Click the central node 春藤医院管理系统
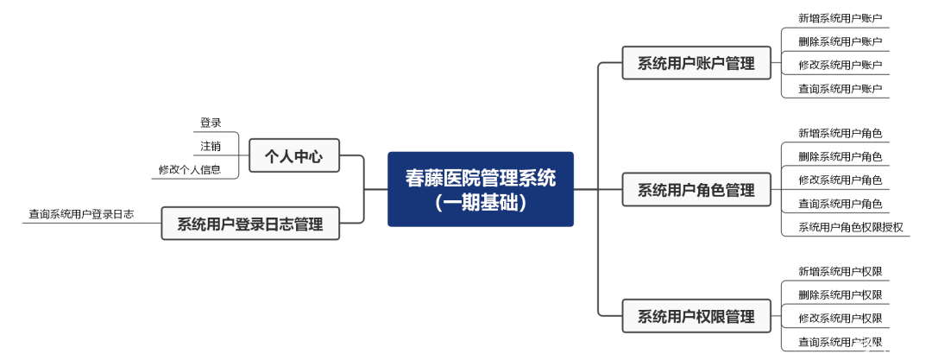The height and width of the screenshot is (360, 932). click(x=481, y=178)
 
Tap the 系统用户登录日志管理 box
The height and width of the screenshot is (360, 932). click(x=249, y=224)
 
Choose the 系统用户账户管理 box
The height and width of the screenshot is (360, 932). click(x=696, y=63)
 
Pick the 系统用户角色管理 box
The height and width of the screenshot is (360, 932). click(x=696, y=189)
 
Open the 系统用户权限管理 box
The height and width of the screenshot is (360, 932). click(x=696, y=316)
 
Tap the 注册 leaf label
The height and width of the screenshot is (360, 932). click(x=211, y=146)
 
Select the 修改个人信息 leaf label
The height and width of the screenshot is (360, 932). click(x=189, y=169)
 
